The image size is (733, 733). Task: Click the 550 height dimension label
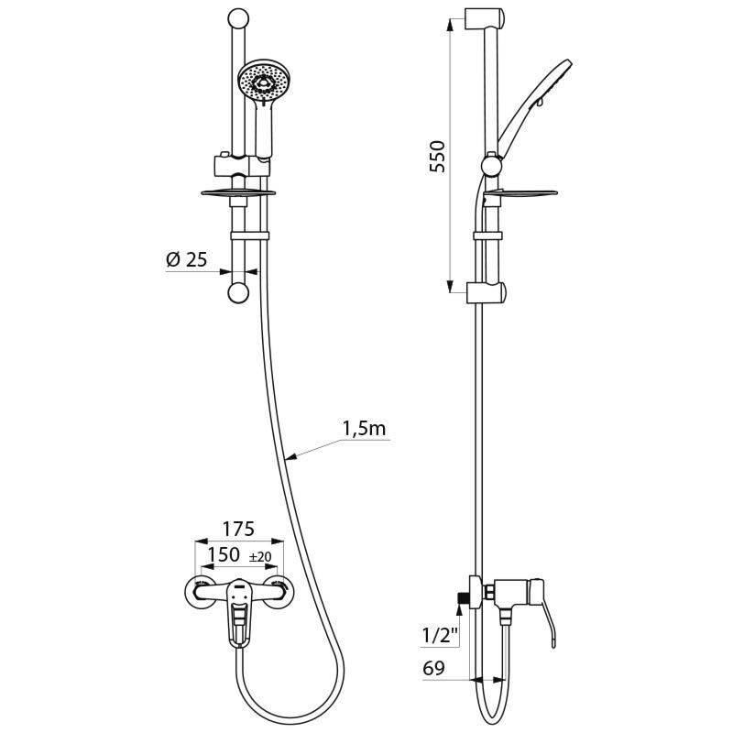437,157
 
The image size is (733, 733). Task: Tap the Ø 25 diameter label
187,259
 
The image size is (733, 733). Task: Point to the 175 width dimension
238,529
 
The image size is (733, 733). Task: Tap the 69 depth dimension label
433,669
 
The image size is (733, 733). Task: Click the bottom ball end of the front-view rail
237,292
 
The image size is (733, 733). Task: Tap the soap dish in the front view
236,192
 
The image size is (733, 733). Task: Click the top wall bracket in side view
483,17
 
